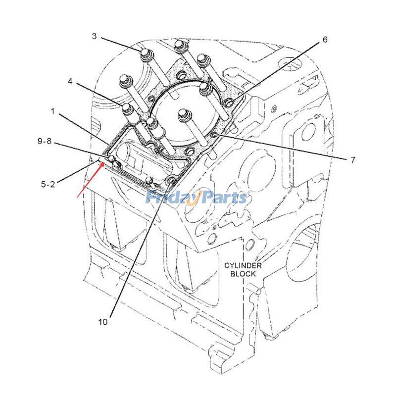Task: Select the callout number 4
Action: pyautogui.click(x=71, y=82)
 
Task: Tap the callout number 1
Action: pyautogui.click(x=52, y=112)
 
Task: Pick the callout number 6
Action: pyautogui.click(x=325, y=40)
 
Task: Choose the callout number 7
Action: pyautogui.click(x=353, y=159)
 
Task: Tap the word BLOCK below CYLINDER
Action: pyautogui.click(x=243, y=273)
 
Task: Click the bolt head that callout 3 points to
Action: pyautogui.click(x=145, y=53)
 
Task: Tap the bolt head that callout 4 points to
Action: pyautogui.click(x=127, y=108)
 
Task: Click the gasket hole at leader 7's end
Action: pyautogui.click(x=214, y=135)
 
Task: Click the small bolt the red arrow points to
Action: pyautogui.click(x=112, y=158)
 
